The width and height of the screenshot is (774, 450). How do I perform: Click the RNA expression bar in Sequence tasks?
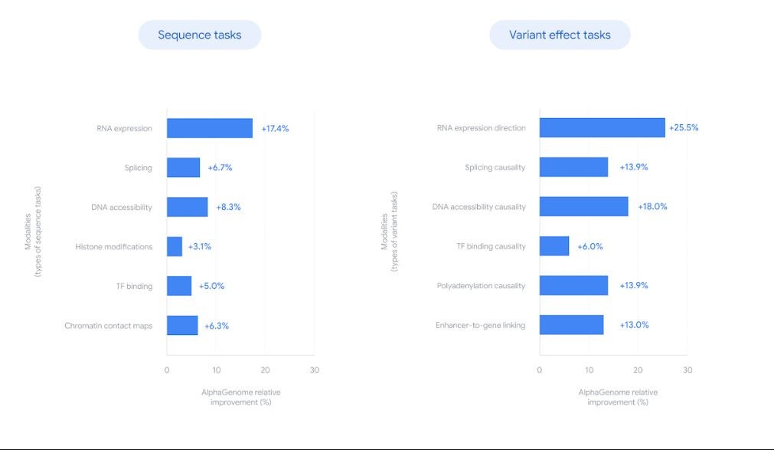coord(209,128)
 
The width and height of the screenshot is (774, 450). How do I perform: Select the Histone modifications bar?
coord(175,246)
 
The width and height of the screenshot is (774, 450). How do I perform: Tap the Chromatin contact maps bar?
coord(182,325)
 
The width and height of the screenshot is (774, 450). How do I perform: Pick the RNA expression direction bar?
coord(602,128)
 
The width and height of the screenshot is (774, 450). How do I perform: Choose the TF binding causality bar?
coord(554,246)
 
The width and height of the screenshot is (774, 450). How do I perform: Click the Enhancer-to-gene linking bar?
coord(571,325)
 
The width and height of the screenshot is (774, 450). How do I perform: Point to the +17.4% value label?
coord(275,128)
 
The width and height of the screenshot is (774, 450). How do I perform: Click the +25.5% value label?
coord(684,128)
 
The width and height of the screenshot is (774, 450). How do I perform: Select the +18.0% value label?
coord(652,207)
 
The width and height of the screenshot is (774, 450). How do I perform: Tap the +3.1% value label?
coord(199,246)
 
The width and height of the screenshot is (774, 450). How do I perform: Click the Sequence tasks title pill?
coord(199,34)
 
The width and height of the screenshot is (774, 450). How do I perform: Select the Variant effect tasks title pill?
coord(560,34)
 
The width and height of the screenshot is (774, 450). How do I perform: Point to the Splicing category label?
coord(138,168)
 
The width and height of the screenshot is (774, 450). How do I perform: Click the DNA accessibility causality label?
coord(478,207)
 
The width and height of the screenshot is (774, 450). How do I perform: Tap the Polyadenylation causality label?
coord(481,286)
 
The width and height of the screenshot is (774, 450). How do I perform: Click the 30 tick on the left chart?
coord(314,370)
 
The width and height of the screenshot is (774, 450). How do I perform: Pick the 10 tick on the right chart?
coord(589,370)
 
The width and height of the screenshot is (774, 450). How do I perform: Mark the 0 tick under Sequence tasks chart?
coord(167,370)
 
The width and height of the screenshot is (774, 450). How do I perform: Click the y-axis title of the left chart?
coord(32,232)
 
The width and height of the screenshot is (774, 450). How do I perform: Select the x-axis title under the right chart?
coord(618,397)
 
